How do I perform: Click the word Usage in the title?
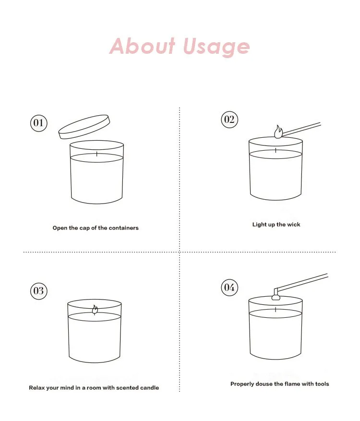[x=216, y=47]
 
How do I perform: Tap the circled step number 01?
[x=39, y=123]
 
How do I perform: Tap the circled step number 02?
[x=229, y=119]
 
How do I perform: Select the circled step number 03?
[x=39, y=291]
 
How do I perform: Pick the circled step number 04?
[x=229, y=287]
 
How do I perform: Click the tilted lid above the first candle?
[x=84, y=127]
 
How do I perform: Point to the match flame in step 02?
[x=278, y=132]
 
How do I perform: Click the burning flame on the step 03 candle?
[x=95, y=310]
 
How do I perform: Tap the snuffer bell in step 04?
[x=276, y=297]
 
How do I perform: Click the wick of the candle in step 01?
[x=97, y=154]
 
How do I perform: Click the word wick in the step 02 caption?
[x=293, y=225]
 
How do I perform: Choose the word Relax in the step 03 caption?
[x=37, y=388]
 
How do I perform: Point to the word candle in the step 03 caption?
[x=149, y=388]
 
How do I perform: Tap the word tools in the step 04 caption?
[x=322, y=384]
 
